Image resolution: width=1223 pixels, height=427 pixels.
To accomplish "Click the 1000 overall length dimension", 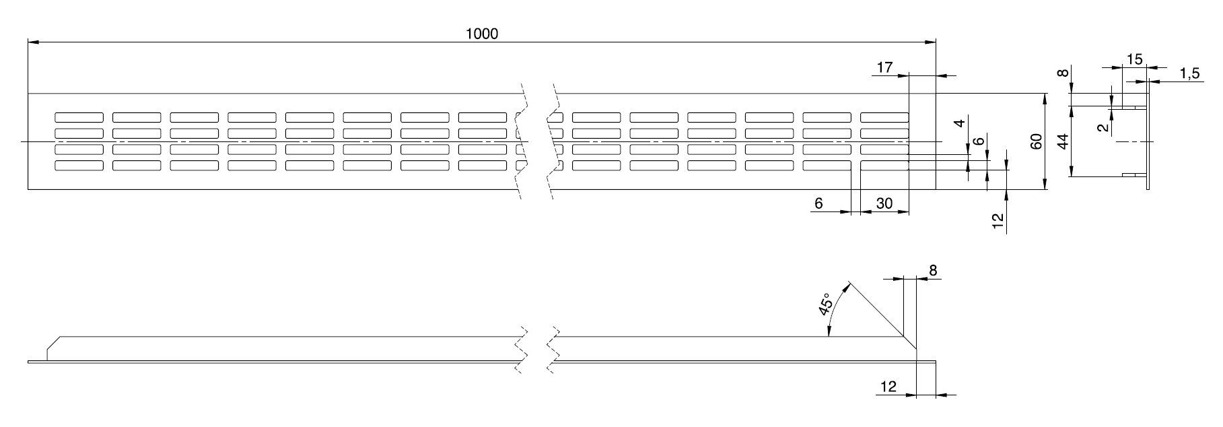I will pyautogui.click(x=482, y=34).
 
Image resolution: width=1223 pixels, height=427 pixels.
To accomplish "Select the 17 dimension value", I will pyautogui.click(x=884, y=67).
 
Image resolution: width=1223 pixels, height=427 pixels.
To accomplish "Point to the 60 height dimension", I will pyautogui.click(x=1037, y=141).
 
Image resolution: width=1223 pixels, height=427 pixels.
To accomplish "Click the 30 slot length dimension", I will pyautogui.click(x=884, y=203).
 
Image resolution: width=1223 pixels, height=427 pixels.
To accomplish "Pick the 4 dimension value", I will pyautogui.click(x=960, y=123).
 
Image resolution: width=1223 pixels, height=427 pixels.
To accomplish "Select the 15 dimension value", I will pyautogui.click(x=1134, y=59).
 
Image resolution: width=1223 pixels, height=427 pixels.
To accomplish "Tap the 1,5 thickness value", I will pyautogui.click(x=1189, y=74).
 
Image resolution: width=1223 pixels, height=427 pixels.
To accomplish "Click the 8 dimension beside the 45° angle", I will pyautogui.click(x=932, y=271).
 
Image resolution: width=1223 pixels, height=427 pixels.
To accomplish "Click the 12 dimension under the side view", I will pyautogui.click(x=888, y=387).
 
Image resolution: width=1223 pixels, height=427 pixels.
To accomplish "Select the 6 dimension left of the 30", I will pyautogui.click(x=818, y=203).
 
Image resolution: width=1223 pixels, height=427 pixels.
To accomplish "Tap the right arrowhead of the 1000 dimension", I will pyautogui.click(x=932, y=42).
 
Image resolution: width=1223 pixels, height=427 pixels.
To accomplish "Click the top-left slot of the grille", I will pyautogui.click(x=79, y=117).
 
